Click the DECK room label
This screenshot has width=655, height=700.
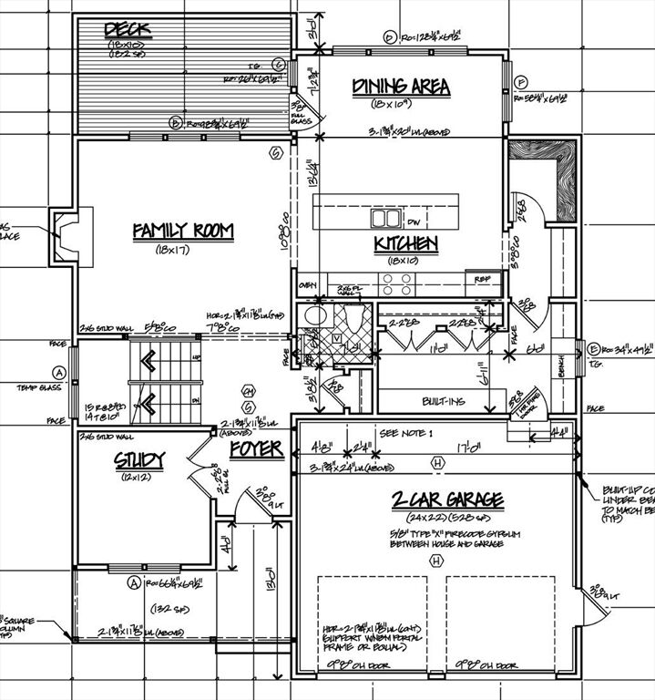128,30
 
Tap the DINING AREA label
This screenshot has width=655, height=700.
401,87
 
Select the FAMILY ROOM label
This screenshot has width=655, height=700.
183,232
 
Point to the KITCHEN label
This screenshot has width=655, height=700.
406,243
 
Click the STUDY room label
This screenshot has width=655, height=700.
138,462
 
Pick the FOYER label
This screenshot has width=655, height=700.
256,449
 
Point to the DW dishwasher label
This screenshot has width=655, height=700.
413,221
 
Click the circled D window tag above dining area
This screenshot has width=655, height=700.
389,37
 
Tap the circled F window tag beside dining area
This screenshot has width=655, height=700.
522,81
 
